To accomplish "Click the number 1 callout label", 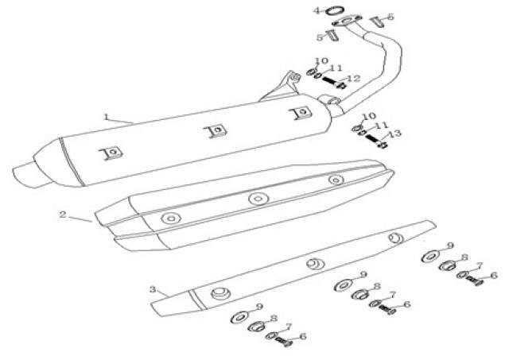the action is point(106,117).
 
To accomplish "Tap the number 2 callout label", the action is point(63,215).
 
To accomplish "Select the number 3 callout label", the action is point(153,289).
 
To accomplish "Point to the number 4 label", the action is point(317,10).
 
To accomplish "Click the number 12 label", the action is point(353,78).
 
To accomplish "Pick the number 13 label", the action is point(394,134).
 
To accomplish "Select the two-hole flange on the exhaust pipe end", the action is point(347,21).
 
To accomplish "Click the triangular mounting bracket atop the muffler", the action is point(282,86).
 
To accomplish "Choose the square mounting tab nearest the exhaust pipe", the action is point(301,113).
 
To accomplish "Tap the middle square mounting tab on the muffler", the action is point(215,131).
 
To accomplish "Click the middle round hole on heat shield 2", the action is point(258,199).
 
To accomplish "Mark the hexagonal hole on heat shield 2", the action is point(171,219).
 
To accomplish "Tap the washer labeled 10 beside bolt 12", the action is point(311,72).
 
